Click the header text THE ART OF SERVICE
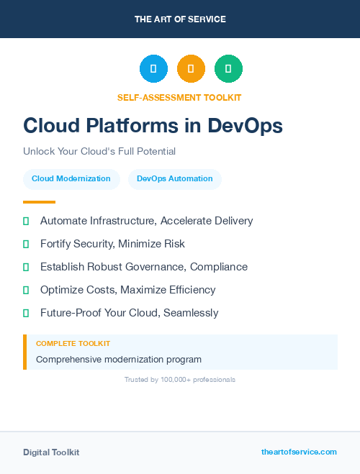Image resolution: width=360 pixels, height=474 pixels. point(180,19)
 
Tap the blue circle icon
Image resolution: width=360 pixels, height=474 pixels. point(153,69)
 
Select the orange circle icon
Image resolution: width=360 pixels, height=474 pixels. point(191,69)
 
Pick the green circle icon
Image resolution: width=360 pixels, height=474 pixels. point(228,69)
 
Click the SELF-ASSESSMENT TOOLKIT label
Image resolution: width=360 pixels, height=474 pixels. point(179,97)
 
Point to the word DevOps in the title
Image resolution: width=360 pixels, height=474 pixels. point(245,126)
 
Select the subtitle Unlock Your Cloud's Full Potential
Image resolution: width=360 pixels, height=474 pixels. point(99,152)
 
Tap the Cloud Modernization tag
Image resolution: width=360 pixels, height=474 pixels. point(71,179)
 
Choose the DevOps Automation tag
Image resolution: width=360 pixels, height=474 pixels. point(175,179)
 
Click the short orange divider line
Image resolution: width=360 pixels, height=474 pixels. point(39,202)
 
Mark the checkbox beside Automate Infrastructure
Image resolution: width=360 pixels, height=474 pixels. point(26,221)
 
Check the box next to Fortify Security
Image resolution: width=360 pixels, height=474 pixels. point(26,244)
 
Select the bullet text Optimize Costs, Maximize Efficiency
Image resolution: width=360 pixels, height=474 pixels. point(127,290)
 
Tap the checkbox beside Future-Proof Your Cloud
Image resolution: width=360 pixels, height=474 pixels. point(26,313)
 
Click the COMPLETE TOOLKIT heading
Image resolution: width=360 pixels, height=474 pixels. point(73,344)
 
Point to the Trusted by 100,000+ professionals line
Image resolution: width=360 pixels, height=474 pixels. point(180,379)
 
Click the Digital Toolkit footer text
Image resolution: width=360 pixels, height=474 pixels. point(51,452)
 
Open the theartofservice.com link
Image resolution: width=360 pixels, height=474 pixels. point(299,452)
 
